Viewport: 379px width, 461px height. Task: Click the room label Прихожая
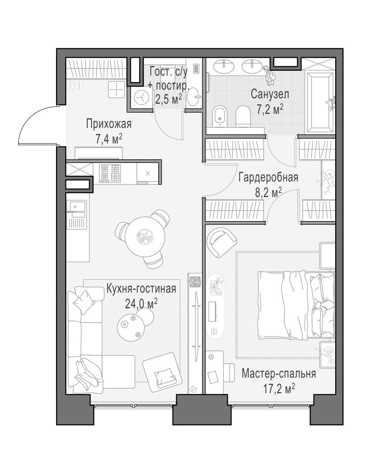tap(109, 124)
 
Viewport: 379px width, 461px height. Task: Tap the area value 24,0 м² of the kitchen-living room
tap(141, 303)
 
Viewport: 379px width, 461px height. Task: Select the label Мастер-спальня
tap(279, 373)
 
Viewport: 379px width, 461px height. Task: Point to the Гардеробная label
tap(268, 177)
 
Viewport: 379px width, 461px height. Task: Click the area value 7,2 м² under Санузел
tap(270, 109)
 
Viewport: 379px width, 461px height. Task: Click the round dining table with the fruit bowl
tap(145, 237)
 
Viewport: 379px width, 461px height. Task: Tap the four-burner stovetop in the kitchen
tap(110, 173)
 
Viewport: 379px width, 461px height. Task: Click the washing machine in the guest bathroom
tap(142, 97)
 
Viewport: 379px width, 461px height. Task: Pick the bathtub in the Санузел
tap(319, 102)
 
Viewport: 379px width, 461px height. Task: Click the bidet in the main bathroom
tap(220, 116)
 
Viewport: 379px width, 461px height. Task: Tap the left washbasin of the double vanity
tap(223, 67)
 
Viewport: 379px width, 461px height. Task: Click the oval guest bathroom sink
tap(193, 97)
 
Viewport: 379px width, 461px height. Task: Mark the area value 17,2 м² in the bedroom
tap(279, 389)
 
